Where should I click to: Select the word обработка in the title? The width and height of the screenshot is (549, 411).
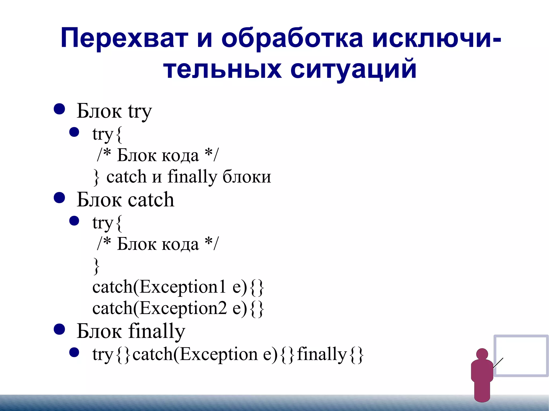292,38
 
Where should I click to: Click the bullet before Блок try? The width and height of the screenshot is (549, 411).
59,109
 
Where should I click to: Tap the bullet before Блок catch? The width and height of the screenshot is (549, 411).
59,198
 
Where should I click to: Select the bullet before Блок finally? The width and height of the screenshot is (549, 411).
59,329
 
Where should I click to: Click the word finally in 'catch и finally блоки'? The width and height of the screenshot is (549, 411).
192,177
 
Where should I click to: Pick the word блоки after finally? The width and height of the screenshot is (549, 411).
247,177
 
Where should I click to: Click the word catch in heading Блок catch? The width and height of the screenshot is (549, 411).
151,200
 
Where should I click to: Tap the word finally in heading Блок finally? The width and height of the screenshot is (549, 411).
157,331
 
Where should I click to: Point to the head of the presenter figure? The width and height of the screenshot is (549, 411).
482,354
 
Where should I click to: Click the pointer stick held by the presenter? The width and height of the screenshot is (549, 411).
498,363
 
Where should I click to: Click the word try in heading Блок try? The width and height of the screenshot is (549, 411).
140,111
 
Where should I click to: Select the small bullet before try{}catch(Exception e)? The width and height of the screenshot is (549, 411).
74,352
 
